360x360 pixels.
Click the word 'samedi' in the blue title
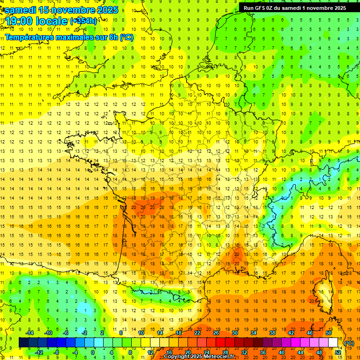click(x=21, y=9)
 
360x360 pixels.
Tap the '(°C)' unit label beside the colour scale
click(x=349, y=343)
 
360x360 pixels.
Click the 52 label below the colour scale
click(x=338, y=352)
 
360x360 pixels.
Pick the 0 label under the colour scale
click(x=93, y=352)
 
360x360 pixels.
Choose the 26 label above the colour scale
click(x=216, y=332)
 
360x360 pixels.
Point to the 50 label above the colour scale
click(x=328, y=332)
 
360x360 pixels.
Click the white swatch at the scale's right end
click(x=333, y=343)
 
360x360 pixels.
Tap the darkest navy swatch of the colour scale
click(x=24, y=343)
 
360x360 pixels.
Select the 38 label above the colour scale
click(x=272, y=332)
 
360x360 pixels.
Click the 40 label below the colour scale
click(x=282, y=352)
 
